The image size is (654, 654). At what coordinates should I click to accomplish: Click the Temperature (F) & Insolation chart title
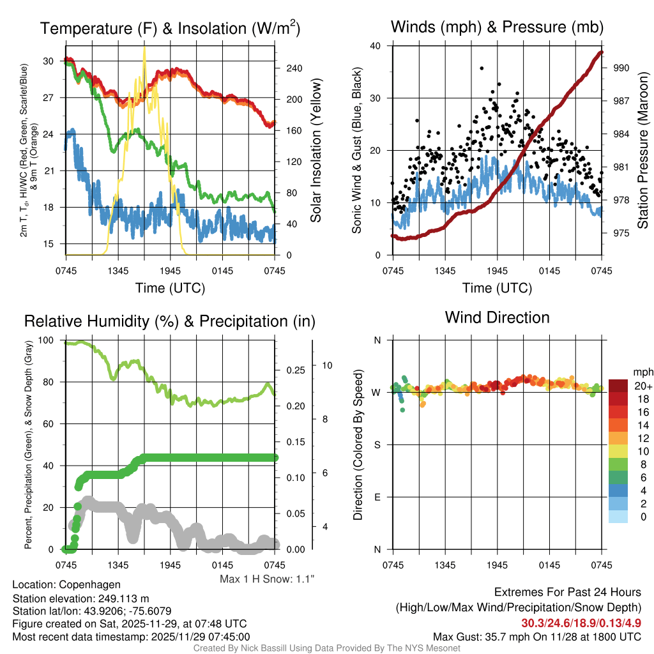point(171,28)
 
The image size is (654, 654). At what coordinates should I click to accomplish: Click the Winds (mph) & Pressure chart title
point(498,27)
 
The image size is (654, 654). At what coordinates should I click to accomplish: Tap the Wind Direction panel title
point(497,317)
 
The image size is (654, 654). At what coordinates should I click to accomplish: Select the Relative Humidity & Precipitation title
point(169,321)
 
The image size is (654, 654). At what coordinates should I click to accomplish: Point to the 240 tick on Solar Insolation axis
point(289,68)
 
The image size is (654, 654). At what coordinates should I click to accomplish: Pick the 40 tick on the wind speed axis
point(376,46)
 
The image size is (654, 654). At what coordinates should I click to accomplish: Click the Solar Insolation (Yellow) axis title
point(316,151)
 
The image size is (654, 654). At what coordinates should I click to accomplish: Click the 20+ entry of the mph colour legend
point(642,386)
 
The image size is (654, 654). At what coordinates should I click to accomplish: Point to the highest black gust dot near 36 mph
point(482,68)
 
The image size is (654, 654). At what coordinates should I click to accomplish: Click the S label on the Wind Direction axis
point(377,445)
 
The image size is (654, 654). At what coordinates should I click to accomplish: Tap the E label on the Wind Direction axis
point(377,497)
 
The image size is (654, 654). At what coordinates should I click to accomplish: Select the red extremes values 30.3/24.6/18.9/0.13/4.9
point(581,623)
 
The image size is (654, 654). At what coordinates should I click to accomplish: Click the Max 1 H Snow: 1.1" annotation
point(267,579)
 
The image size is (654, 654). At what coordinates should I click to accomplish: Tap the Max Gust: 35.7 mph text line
point(536,636)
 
